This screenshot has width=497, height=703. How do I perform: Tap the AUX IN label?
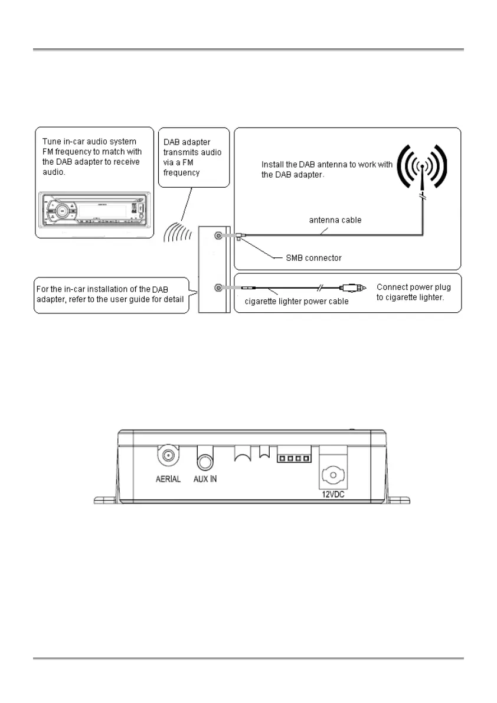click(x=205, y=479)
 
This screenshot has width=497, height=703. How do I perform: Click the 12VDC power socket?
click(x=333, y=474)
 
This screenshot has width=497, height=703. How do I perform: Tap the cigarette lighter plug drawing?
click(x=354, y=287)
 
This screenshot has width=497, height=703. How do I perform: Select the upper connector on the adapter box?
click(x=219, y=236)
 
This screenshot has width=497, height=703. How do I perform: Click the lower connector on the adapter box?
click(x=219, y=287)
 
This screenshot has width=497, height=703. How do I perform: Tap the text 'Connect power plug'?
click(x=413, y=287)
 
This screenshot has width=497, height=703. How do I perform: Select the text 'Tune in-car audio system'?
click(x=89, y=142)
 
